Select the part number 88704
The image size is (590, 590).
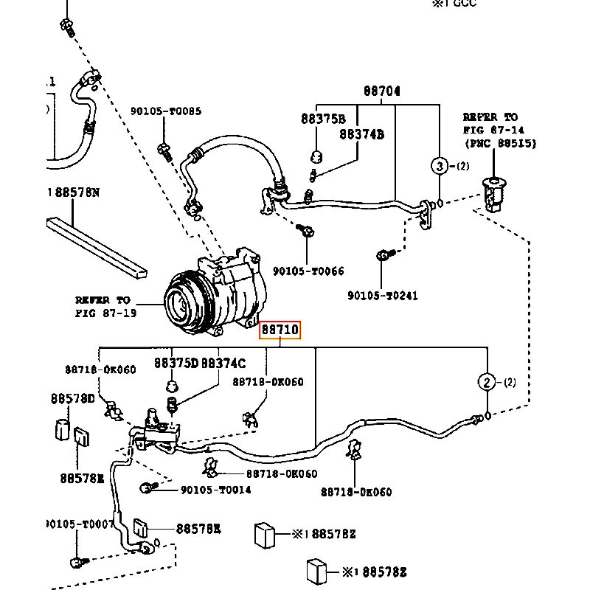(381, 91)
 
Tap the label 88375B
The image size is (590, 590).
(322, 118)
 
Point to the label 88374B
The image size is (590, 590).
(361, 134)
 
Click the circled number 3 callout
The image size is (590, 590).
(440, 166)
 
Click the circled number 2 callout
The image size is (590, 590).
(487, 381)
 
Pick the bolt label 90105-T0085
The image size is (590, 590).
(165, 111)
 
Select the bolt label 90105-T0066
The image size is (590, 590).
(308, 271)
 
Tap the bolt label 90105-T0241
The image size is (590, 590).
(382, 296)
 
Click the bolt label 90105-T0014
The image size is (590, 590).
(215, 490)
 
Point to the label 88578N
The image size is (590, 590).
(74, 192)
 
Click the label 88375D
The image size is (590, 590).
(176, 363)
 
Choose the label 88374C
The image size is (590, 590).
(223, 363)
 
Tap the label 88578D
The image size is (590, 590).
(72, 398)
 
